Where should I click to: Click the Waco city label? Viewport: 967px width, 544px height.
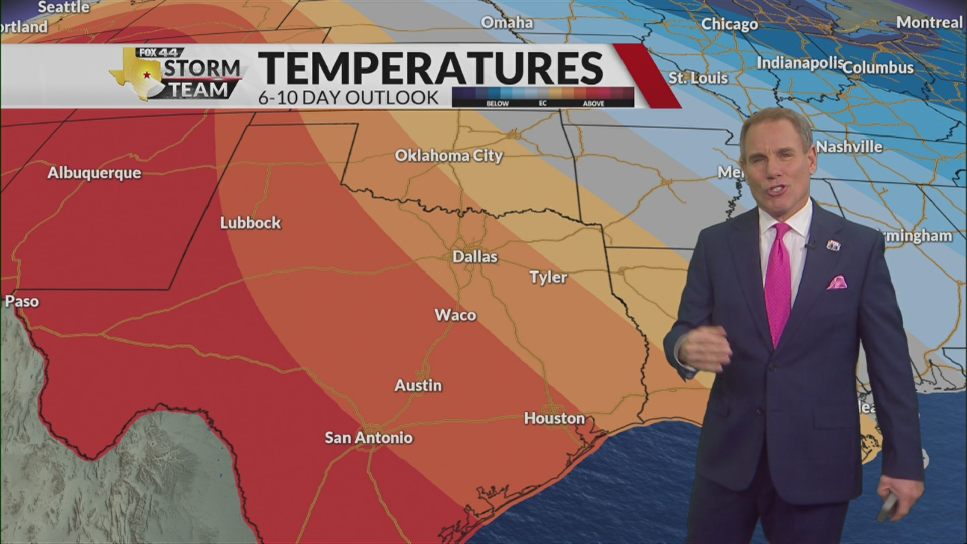tap(455, 315)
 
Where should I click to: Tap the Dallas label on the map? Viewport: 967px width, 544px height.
tap(475, 257)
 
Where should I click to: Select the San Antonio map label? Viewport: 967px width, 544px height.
tap(369, 438)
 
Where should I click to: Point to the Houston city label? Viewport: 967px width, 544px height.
tap(555, 418)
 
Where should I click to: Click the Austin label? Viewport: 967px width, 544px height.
tap(418, 386)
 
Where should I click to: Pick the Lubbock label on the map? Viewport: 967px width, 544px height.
tap(250, 223)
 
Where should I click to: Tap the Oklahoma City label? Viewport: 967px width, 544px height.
tap(449, 156)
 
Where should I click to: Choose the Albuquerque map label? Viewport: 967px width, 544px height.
tap(94, 173)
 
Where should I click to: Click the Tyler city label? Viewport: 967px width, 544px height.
tap(548, 277)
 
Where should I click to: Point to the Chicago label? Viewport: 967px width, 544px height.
tap(729, 24)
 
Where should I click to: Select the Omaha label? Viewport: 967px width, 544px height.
tap(507, 23)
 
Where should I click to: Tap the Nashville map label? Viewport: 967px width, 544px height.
tap(850, 147)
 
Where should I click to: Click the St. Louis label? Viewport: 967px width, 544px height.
tap(698, 78)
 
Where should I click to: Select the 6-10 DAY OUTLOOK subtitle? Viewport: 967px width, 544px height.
tap(349, 98)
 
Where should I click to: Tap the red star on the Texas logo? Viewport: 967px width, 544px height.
tap(147, 75)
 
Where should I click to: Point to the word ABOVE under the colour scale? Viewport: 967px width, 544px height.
tap(593, 103)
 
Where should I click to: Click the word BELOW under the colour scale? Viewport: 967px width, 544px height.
tap(497, 103)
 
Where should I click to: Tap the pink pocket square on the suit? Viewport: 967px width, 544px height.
tap(837, 282)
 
